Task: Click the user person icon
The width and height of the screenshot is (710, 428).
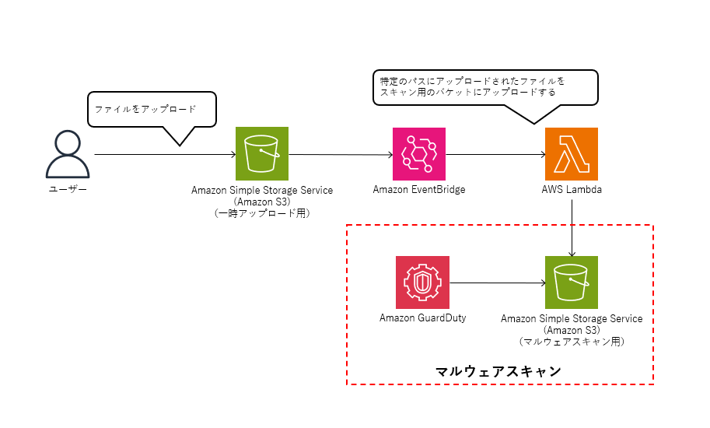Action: tap(68, 154)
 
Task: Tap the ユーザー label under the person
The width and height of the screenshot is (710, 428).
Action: tap(68, 189)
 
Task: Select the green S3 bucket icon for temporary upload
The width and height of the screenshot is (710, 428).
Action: tap(262, 153)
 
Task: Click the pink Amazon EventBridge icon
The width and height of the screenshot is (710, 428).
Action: tap(419, 154)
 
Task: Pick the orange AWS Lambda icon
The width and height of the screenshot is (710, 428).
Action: tap(572, 154)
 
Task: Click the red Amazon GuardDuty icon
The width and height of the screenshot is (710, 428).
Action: tap(422, 282)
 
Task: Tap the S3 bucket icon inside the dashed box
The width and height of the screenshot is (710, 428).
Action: tap(572, 282)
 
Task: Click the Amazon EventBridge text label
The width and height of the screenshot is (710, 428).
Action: tap(419, 189)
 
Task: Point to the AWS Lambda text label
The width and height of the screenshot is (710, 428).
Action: tap(572, 189)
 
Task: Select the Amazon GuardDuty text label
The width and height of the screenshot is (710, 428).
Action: tap(422, 318)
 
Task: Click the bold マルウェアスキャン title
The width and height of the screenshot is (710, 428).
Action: tap(498, 371)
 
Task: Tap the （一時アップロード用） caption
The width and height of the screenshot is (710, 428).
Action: tap(262, 213)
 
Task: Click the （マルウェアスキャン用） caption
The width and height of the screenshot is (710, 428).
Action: tap(572, 342)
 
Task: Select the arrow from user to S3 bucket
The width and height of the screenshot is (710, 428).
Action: tap(166, 154)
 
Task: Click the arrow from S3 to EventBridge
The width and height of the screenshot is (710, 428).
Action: tap(341, 154)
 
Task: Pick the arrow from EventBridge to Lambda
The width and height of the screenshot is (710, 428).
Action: tap(495, 154)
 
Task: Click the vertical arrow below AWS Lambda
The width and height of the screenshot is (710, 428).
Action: tap(572, 228)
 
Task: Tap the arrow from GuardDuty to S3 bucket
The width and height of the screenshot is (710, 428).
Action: tap(498, 283)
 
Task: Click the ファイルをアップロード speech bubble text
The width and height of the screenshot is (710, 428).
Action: tap(145, 109)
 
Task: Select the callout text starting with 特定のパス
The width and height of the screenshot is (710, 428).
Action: tap(472, 86)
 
